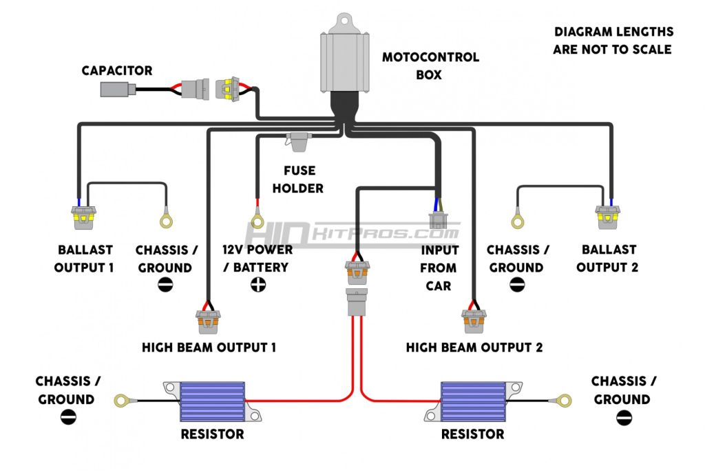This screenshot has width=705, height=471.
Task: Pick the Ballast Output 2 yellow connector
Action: (x=609, y=217)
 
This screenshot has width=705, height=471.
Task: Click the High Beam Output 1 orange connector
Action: (x=208, y=318)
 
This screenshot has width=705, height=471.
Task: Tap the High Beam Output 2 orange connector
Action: (x=474, y=318)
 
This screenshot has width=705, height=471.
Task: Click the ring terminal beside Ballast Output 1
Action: (x=166, y=221)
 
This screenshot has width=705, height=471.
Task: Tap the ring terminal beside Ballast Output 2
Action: (x=517, y=221)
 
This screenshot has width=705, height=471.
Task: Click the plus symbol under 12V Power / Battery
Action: (x=258, y=285)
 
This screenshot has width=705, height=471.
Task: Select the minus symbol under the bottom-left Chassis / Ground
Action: (x=68, y=417)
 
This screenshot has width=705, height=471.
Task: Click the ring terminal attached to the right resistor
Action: (x=565, y=399)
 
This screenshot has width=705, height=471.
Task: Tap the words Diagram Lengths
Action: (x=613, y=32)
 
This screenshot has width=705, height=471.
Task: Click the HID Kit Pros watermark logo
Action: (x=351, y=233)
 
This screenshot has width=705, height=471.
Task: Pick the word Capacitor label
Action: (x=117, y=70)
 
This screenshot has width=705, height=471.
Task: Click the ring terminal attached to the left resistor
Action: (x=122, y=399)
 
